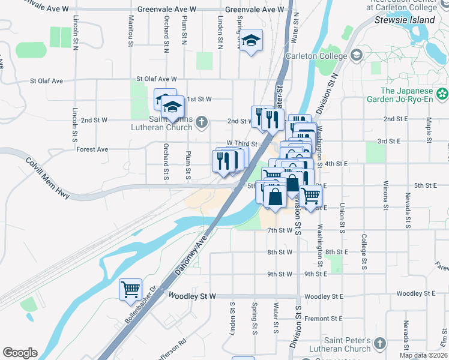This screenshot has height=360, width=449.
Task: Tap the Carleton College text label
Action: point(316,56)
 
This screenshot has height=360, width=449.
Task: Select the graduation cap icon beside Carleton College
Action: point(357,55)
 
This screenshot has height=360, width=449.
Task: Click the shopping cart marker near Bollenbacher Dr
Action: point(130,290)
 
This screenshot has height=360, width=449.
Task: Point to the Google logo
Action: point(20,352)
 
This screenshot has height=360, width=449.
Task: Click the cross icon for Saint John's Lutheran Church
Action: point(202,122)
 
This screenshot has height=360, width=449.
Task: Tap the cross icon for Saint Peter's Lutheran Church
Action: point(379,343)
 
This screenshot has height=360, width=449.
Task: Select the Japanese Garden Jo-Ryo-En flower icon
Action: point(442,93)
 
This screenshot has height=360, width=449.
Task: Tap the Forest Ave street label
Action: point(92,149)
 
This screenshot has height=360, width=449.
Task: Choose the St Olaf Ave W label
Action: point(157,79)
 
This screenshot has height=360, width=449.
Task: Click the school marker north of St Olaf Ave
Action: point(252,41)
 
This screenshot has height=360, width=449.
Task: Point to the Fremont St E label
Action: point(323,318)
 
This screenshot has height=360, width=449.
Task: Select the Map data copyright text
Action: point(423,355)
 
